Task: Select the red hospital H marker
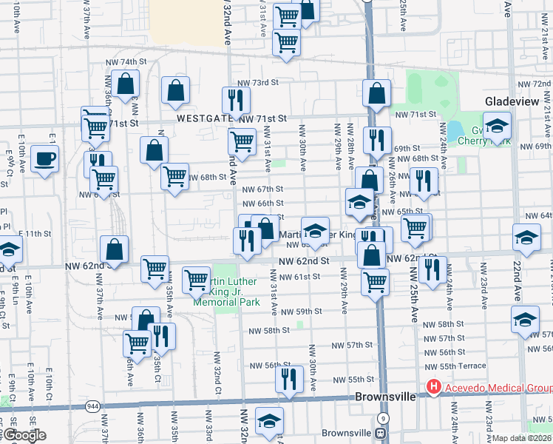click(x=432, y=387)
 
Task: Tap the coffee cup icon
click(x=45, y=158)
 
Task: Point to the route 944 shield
click(x=92, y=406)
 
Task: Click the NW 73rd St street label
click(x=257, y=83)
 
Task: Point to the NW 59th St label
click(x=300, y=312)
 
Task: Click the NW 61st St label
click(x=299, y=277)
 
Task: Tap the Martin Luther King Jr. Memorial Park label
click(x=225, y=292)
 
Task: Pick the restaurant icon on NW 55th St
click(x=289, y=378)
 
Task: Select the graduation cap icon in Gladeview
click(x=498, y=124)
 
